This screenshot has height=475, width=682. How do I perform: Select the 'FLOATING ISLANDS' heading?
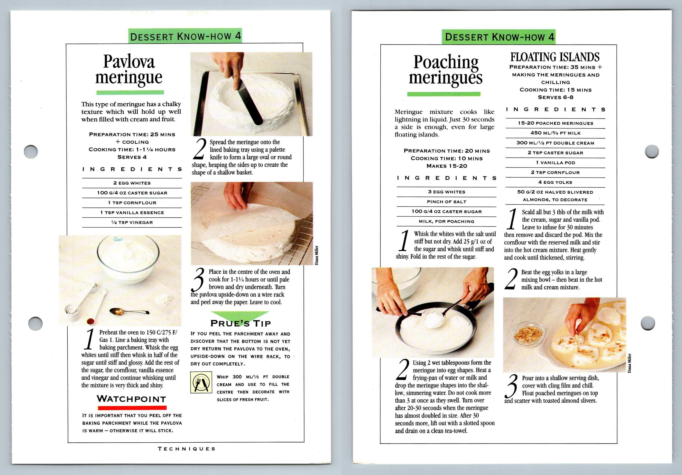click(555, 57)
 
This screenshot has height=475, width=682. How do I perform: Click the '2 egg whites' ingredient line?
click(132, 183)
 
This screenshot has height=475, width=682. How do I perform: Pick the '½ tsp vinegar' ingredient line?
click(132, 222)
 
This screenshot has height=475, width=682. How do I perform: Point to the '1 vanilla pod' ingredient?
click(555, 163)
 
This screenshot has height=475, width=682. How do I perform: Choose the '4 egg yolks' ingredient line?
click(555, 182)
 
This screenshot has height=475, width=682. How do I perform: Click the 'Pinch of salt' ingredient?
click(446, 202)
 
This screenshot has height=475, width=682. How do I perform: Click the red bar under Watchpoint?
click(132, 408)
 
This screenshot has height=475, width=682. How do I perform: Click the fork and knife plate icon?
click(201, 382)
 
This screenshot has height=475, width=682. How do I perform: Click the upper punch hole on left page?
click(31, 152)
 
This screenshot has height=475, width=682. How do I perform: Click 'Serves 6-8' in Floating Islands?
click(555, 97)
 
